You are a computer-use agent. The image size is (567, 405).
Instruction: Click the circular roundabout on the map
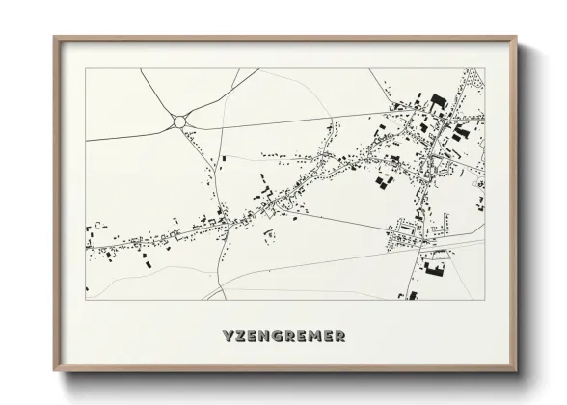[x=179, y=121]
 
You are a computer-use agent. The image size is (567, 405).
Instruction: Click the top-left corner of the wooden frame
[x=55, y=38]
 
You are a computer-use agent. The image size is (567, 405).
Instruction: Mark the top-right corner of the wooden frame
[x=517, y=38]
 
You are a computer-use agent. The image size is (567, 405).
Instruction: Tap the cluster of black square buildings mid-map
[x=385, y=179]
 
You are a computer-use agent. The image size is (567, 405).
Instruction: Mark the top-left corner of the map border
[x=86, y=68]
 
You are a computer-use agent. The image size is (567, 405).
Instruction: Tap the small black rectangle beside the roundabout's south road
[x=225, y=156]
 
